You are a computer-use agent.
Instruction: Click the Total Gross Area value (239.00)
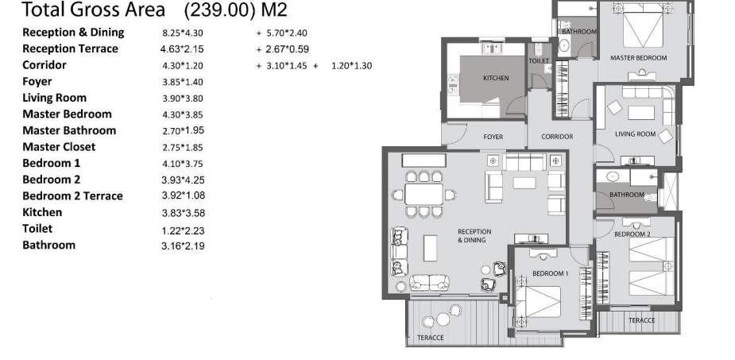coord(220,10)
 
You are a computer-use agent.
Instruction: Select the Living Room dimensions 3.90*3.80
coord(183,99)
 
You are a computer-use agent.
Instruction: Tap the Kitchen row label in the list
coord(42,212)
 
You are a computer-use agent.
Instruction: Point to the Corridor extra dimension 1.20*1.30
coord(351,66)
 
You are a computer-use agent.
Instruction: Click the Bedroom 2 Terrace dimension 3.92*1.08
coord(184,195)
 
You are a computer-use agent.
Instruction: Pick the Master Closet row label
coord(59,147)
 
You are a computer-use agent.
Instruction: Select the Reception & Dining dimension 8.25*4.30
coord(183,33)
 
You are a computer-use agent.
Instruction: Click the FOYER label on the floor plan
coord(493,137)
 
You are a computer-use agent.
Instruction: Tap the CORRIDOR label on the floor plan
coord(557,137)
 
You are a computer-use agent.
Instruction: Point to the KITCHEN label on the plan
coord(496,79)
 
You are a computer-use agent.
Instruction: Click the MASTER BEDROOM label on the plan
coord(638,58)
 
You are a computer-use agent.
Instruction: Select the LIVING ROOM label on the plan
coord(635,134)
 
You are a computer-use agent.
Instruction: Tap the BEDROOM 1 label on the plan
coord(551,273)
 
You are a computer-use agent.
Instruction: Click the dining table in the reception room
coord(424,194)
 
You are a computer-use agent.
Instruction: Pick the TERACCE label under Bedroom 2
coord(642,320)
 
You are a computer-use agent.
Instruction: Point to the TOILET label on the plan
coord(539,61)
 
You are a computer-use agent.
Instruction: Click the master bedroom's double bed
coord(643,26)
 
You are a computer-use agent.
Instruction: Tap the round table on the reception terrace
coord(443,319)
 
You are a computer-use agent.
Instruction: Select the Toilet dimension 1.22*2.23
coord(184,230)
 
